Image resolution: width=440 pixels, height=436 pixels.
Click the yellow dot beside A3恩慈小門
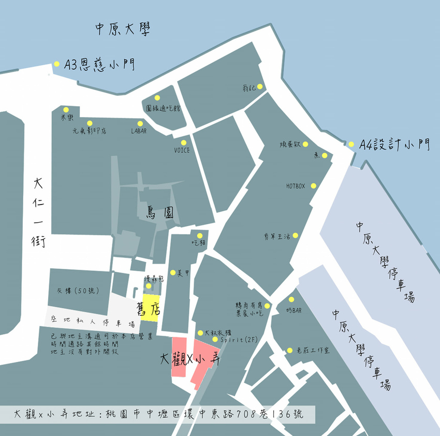pyautogui.click(x=56, y=64)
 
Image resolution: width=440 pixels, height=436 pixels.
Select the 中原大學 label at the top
pyautogui.click(x=123, y=30)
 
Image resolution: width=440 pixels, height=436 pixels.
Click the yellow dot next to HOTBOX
pyautogui.click(x=313, y=185)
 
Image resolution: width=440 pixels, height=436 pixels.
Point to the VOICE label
pyautogui.click(x=182, y=150)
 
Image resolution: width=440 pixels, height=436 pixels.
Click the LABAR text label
pyautogui.click(x=139, y=131)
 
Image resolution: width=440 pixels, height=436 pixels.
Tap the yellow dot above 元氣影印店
pyautogui.click(x=90, y=123)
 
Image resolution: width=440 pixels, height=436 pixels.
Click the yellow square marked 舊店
pyautogui.click(x=150, y=308)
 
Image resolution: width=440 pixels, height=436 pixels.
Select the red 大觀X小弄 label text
pyautogui.click(x=190, y=359)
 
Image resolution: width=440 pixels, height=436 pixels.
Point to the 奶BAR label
pyautogui.click(x=293, y=310)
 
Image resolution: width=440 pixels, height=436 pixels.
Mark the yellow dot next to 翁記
pyautogui.click(x=260, y=86)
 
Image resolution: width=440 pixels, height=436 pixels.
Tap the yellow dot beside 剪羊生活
pyautogui.click(x=295, y=236)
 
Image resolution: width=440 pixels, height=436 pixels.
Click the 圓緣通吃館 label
pyautogui.click(x=164, y=108)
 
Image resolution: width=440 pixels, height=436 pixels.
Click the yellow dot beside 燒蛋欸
pyautogui.click(x=305, y=144)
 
